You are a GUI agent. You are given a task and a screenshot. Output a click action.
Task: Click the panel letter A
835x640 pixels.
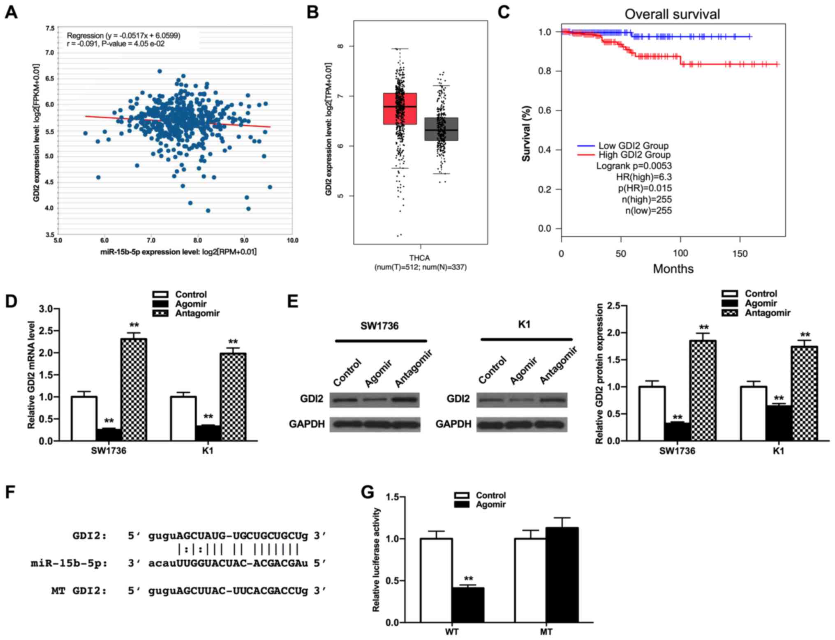pyautogui.click(x=11, y=12)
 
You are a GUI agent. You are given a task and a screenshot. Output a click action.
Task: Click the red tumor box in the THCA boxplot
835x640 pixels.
pyautogui.click(x=400, y=108)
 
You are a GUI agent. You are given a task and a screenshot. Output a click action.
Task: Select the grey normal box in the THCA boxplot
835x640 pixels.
pyautogui.click(x=441, y=129)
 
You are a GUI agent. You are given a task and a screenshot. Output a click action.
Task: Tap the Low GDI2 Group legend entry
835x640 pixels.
pyautogui.click(x=633, y=145)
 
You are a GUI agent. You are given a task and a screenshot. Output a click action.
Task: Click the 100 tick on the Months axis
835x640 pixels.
pyautogui.click(x=680, y=253)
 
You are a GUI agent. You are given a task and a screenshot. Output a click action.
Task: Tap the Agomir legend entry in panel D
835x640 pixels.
pyautogui.click(x=190, y=304)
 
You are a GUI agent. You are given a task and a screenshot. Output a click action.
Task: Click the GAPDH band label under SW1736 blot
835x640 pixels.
pyautogui.click(x=307, y=424)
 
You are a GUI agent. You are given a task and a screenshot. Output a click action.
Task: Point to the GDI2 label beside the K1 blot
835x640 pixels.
pyautogui.click(x=458, y=399)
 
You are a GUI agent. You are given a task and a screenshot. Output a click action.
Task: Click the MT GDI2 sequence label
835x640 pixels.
pyautogui.click(x=79, y=591)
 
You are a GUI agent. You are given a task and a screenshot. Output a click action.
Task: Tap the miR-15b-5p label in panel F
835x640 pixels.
pyautogui.click(x=69, y=563)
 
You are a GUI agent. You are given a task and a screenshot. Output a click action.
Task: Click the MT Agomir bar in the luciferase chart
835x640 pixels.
pyautogui.click(x=562, y=575)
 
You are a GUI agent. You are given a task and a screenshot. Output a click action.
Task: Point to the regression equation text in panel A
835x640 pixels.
pyautogui.click(x=123, y=36)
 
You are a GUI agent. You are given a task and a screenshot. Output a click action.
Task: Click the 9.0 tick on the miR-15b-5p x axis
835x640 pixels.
pyautogui.click(x=244, y=241)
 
